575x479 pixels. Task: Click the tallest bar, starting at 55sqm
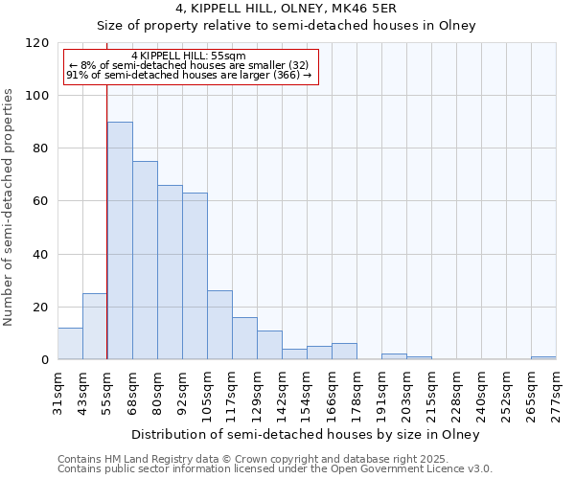coord(120,240)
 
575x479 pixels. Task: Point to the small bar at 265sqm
coord(543,357)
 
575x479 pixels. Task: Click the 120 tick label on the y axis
coord(38,43)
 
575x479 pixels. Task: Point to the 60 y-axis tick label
coord(42,201)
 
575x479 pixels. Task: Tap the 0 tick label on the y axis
coord(45,360)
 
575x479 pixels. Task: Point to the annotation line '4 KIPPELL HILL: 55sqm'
coord(189,56)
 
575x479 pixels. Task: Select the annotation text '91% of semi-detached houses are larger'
coord(189,75)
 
